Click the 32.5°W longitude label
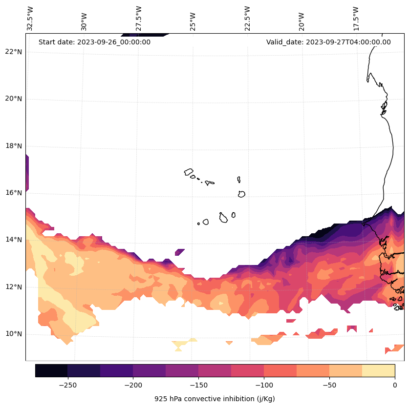click(x=30, y=18)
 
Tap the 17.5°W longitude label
click(x=356, y=18)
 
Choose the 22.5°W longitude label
click(x=247, y=18)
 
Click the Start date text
click(x=94, y=42)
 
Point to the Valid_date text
click(x=328, y=42)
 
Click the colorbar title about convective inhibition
click(x=215, y=399)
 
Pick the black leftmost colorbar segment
click(x=51, y=370)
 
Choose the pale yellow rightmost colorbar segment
click(x=378, y=370)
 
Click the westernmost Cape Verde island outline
click(x=189, y=172)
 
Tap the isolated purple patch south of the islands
click(x=179, y=252)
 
